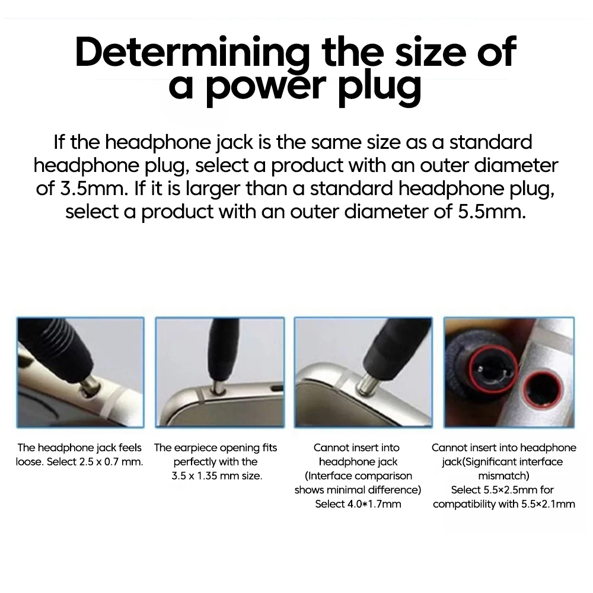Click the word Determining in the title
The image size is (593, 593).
click(x=192, y=53)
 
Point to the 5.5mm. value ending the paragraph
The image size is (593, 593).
click(x=492, y=211)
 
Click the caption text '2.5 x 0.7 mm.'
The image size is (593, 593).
click(x=111, y=462)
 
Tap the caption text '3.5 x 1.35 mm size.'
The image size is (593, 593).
click(x=216, y=476)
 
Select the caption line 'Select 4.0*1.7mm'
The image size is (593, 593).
click(x=358, y=503)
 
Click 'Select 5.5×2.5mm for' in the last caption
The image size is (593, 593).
click(x=502, y=490)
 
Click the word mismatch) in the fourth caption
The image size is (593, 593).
click(x=503, y=476)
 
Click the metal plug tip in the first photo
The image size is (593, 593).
click(x=91, y=385)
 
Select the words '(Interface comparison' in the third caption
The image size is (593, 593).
click(x=358, y=476)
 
